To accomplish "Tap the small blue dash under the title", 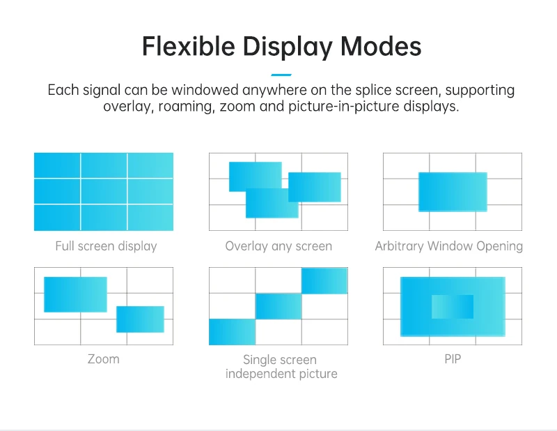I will [281, 75].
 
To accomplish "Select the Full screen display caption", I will [106, 246].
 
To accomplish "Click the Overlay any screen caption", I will [278, 246].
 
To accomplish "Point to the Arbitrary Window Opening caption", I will [448, 246].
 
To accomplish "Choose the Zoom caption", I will [103, 359].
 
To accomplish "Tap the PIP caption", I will [453, 359].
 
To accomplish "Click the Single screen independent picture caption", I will [281, 367].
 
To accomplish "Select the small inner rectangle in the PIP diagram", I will [453, 307].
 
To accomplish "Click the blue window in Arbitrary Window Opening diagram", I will [453, 192].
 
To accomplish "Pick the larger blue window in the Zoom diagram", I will [75, 294].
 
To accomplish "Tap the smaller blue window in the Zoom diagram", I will [140, 319].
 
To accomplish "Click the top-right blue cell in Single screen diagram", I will [324, 280].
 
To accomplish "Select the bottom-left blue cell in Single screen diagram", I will [232, 332].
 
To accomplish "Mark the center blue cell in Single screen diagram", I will [278, 306].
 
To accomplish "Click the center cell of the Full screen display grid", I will [104, 191].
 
